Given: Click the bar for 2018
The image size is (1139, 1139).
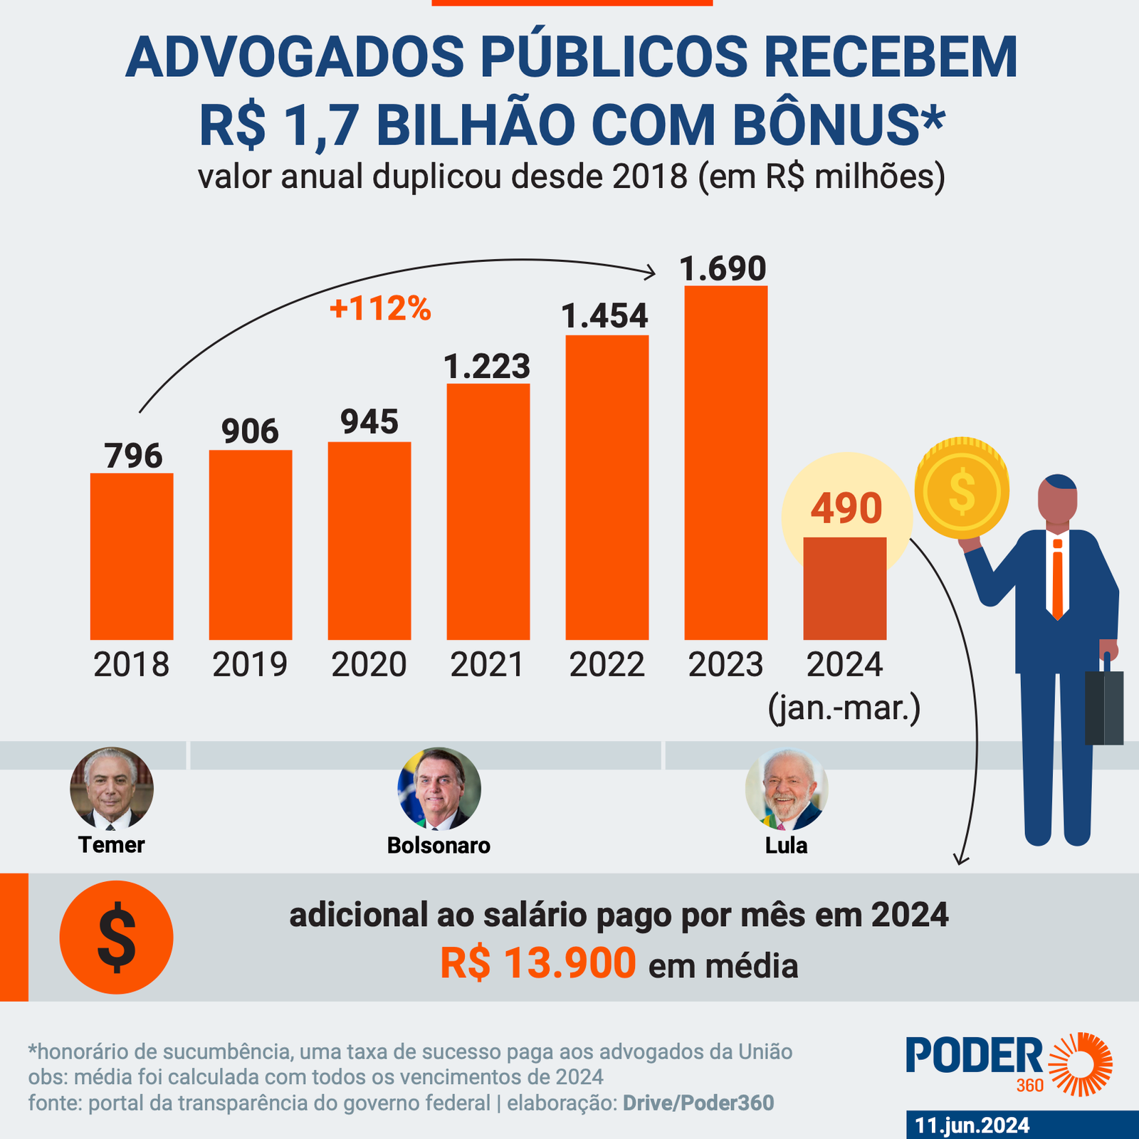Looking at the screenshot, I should click(132, 556).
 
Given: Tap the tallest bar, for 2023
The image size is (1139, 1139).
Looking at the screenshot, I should click(725, 463).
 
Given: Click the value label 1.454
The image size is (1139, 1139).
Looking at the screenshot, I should click(605, 316).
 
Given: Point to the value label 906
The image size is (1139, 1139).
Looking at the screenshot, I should click(250, 431).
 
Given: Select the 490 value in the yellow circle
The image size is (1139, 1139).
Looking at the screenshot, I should click(846, 508).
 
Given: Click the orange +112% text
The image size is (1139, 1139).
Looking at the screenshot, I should click(380, 308).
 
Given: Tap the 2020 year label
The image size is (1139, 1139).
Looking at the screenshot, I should click(369, 665).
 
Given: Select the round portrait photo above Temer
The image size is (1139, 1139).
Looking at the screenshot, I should click(112, 788).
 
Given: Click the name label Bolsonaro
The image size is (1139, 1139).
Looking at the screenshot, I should click(439, 845).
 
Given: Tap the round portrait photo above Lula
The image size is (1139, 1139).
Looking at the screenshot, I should click(787, 789).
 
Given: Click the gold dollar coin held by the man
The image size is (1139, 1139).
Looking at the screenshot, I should click(962, 490).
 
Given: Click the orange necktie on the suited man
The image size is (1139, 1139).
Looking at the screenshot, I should click(1058, 579).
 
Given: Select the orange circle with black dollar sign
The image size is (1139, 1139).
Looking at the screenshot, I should click(116, 937).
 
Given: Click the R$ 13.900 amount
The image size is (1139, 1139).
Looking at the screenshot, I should click(537, 964).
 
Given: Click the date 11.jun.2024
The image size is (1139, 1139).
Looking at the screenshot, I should click(972, 1125).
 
